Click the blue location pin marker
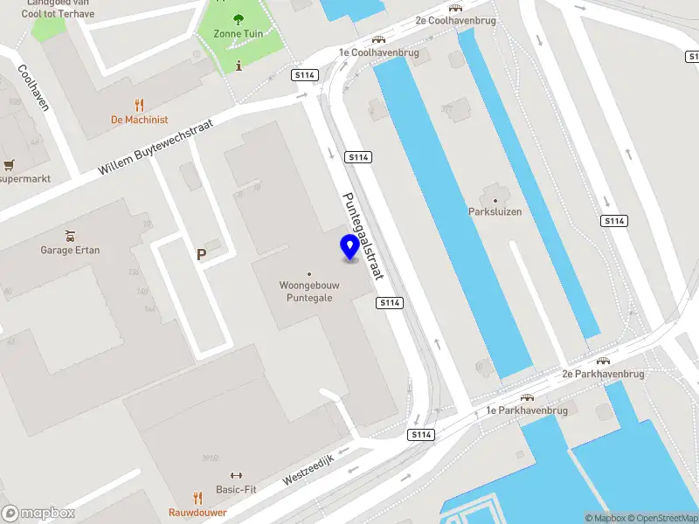click(350, 247)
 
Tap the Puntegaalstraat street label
click(363, 235)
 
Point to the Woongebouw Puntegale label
click(308, 291)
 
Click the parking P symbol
click(202, 255)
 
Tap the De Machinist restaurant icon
click(139, 104)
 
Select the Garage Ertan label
click(70, 250)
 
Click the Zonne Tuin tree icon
click(239, 19)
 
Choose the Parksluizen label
click(495, 211)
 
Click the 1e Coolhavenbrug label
click(379, 52)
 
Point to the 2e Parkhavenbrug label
click(603, 374)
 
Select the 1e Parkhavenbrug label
click(527, 410)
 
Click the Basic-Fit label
click(236, 490)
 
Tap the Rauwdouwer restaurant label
click(197, 512)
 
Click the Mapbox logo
click(38, 514)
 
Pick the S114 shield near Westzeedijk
click(421, 434)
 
